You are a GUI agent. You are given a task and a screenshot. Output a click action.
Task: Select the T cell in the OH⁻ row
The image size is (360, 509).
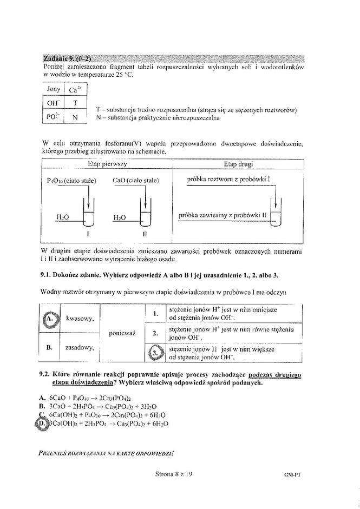[x=75, y=103]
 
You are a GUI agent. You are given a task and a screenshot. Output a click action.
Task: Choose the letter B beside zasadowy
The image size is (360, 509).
[x=49, y=347]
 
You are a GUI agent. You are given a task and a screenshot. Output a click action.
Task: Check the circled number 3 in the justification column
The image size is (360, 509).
[x=155, y=353]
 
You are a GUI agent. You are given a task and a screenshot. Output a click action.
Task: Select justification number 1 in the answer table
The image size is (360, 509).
[x=155, y=313]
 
